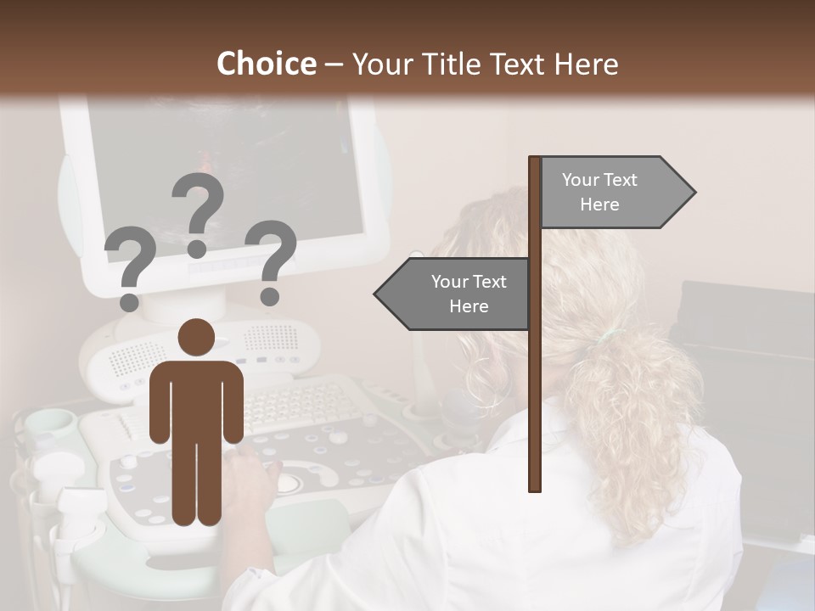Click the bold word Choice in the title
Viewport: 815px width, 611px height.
pyautogui.click(x=266, y=64)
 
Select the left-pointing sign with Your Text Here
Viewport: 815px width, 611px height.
pyautogui.click(x=458, y=294)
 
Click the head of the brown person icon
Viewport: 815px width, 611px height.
pyautogui.click(x=196, y=339)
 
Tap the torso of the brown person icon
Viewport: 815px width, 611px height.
pyautogui.click(x=196, y=399)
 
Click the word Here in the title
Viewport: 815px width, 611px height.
pyautogui.click(x=586, y=64)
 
